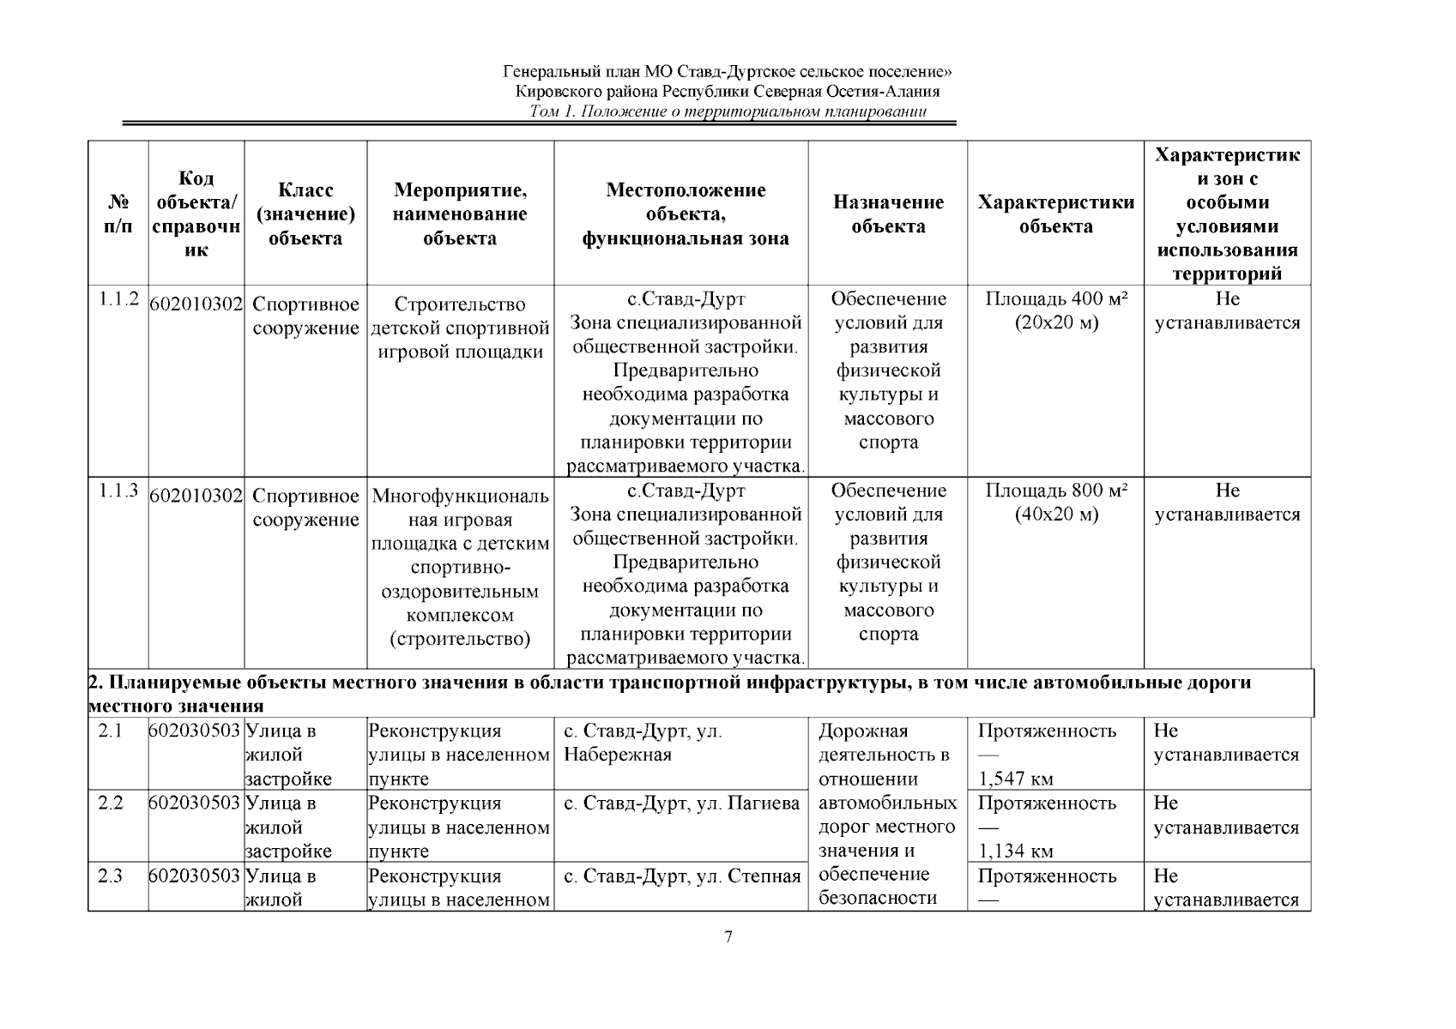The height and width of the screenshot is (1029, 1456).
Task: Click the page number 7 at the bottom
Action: (x=728, y=936)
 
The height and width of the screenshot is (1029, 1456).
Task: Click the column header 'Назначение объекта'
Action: (x=888, y=214)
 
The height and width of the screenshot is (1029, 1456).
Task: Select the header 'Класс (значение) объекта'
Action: (x=305, y=214)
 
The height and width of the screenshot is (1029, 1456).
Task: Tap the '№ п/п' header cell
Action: (x=118, y=214)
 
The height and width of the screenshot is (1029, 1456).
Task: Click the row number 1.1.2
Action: (x=118, y=299)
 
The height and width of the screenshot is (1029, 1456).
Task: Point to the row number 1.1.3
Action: (x=118, y=491)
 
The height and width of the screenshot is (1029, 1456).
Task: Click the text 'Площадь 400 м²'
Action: (x=1055, y=299)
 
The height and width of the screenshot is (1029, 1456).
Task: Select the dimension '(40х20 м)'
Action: (x=1055, y=514)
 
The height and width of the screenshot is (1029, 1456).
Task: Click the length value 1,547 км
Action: (x=1016, y=779)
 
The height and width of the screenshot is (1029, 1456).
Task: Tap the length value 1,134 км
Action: (x=1016, y=851)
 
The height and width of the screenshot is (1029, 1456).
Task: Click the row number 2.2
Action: (x=111, y=803)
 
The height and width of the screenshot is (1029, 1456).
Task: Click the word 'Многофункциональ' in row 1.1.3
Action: (x=460, y=497)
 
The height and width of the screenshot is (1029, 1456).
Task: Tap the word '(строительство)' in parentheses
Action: (x=460, y=639)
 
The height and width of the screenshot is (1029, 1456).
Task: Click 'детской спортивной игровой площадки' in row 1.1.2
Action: (x=460, y=340)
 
